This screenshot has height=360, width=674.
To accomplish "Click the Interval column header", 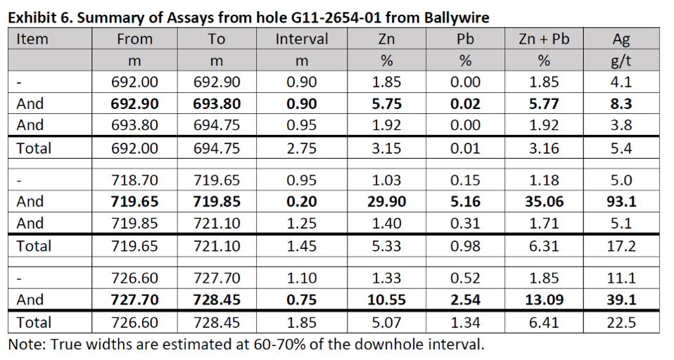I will tap(302, 39).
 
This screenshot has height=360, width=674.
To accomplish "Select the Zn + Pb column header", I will tap(542, 39).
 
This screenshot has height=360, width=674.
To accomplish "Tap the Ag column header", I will tap(621, 39).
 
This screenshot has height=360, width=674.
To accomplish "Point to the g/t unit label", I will tap(621, 60).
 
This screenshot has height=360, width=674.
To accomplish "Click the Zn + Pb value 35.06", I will tap(542, 202).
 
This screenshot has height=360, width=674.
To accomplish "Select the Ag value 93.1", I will tap(621, 202).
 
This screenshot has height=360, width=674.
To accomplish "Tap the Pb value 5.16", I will tap(464, 202).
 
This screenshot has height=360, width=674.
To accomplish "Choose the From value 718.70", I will tap(134, 181).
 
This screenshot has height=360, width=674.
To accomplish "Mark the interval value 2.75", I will tap(302, 148).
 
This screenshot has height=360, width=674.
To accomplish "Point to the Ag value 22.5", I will tap(621, 323).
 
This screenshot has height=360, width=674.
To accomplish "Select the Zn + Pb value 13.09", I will tap(542, 300).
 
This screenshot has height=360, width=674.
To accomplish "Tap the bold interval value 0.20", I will tap(302, 202).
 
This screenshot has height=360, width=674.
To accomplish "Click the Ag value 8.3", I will tap(621, 104).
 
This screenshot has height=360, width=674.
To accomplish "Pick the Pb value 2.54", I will tap(464, 300).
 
